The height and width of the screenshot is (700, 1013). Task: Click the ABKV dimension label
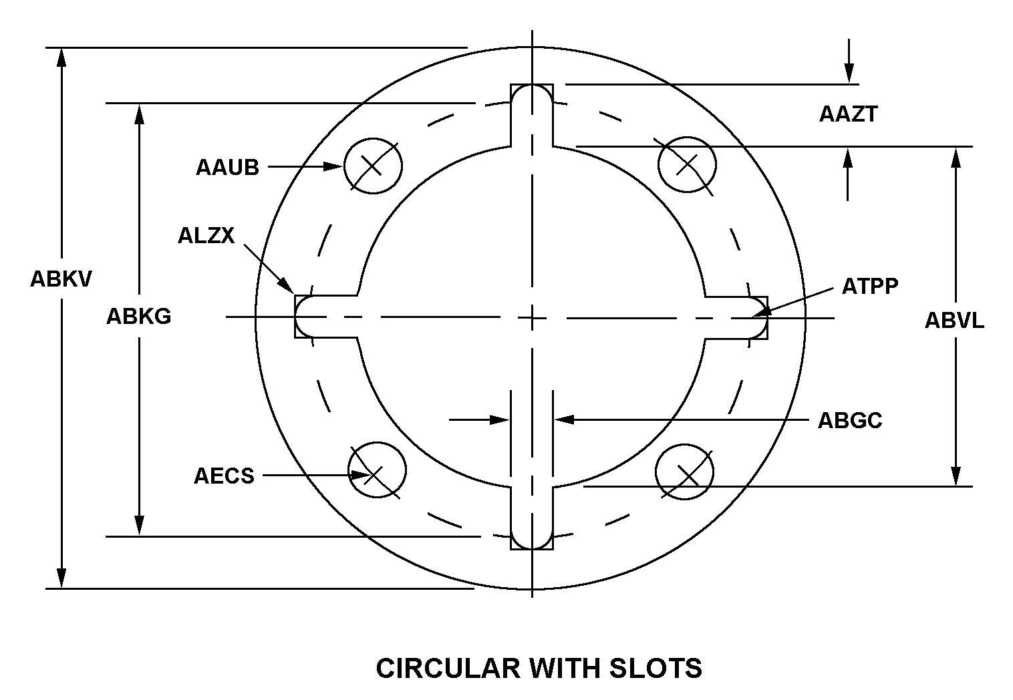click(61, 279)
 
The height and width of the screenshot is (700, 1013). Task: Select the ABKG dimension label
click(139, 316)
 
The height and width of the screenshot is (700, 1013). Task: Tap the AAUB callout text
click(227, 167)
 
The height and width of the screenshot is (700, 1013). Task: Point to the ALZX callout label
click(206, 235)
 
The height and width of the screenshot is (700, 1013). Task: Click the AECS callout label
click(224, 476)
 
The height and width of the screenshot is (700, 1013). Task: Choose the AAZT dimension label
click(848, 114)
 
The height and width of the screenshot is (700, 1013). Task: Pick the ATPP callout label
click(870, 287)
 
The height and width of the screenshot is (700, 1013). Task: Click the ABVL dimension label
click(954, 321)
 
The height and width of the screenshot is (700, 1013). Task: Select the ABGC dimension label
click(850, 420)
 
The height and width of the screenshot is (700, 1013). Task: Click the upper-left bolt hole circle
click(373, 166)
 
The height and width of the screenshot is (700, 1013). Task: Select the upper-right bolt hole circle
click(687, 164)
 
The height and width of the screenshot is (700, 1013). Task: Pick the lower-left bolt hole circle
click(377, 470)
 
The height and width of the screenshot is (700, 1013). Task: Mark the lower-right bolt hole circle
click(685, 472)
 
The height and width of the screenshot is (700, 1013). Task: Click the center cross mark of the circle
click(532, 317)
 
